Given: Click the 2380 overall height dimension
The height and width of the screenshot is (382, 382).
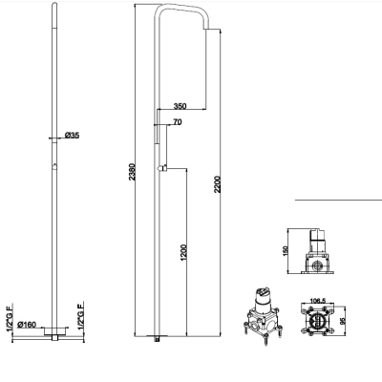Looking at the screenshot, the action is coord(132,172).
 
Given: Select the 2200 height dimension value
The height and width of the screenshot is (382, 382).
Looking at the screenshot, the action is coord(218,184).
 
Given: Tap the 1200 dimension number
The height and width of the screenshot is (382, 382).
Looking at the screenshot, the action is coord(183,253).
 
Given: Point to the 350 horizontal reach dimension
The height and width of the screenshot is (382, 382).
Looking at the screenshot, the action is coord(180,106).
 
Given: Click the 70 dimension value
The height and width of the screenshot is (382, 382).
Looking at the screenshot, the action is coord(178,122).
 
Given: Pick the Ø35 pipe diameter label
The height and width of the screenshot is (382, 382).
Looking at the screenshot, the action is coord(72,136).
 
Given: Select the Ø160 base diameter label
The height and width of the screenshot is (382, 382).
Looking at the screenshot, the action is coord(27,325).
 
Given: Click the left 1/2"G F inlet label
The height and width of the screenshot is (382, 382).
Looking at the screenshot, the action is coord(11,318).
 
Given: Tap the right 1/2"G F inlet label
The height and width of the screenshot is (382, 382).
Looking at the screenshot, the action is coord(81,315).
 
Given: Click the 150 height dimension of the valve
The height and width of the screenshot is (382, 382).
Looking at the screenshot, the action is coord(286,250).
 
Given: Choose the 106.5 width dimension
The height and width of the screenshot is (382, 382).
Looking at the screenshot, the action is coord(317,301).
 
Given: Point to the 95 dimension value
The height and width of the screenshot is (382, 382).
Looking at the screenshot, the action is coord(343,320).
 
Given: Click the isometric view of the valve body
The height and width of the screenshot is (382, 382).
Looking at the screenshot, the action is coord(263,315).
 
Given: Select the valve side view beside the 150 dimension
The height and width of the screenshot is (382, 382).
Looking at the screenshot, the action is coord(317,251).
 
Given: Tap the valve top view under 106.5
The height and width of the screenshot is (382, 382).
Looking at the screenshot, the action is coord(317,320).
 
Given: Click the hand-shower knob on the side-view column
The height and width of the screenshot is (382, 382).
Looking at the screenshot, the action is coord(162,168).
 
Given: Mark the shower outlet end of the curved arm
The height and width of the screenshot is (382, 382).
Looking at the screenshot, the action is coord(205,30).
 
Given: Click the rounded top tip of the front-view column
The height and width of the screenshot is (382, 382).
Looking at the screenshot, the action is coord(54,4).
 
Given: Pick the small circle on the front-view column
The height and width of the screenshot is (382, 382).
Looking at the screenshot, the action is coord(54,167).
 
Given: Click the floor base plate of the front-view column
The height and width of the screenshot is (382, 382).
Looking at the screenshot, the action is coord(55,330).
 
